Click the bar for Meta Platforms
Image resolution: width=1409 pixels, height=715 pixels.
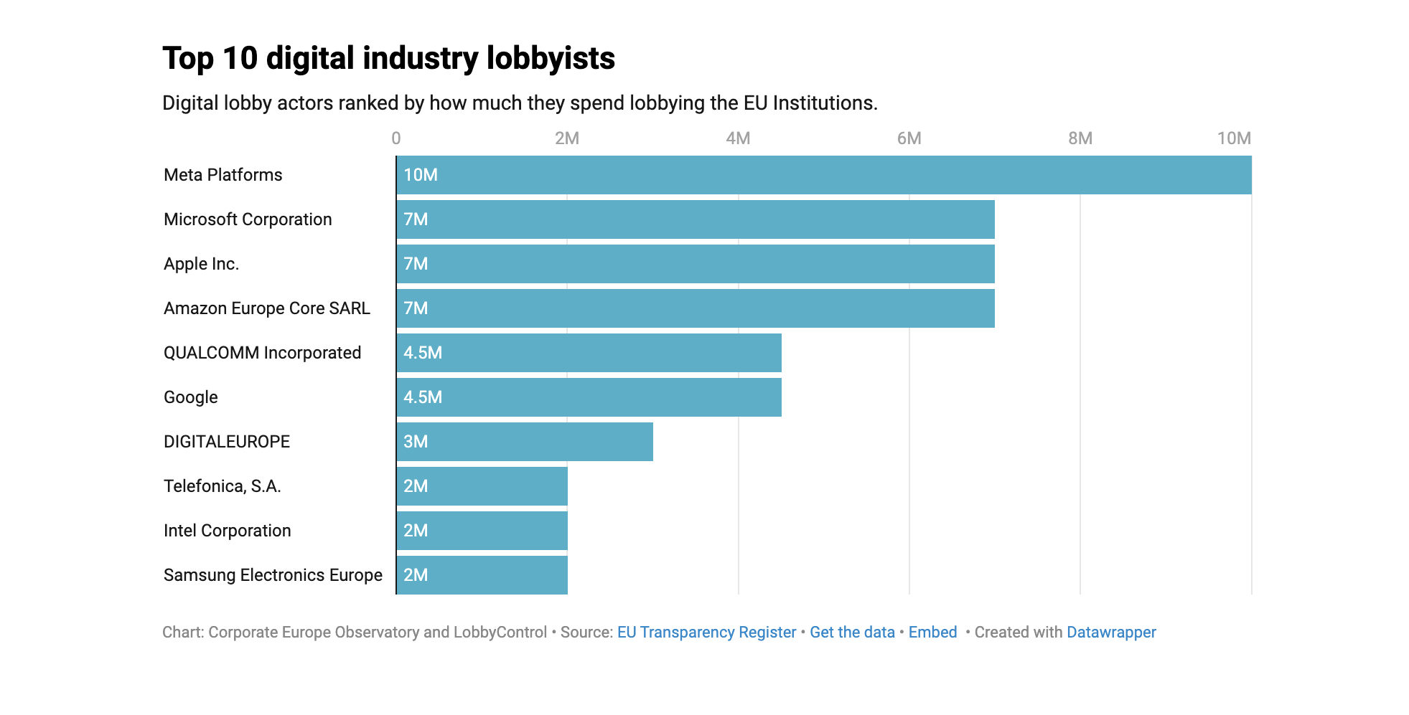point(823,175)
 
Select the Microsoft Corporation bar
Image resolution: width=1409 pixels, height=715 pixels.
point(695,219)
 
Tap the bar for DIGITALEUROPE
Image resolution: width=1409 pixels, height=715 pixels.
point(524,442)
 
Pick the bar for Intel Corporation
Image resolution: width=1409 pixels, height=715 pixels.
point(482,531)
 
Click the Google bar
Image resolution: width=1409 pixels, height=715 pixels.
point(589,397)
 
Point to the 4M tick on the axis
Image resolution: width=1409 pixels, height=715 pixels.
point(738,138)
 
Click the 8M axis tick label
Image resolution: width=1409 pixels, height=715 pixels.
point(1080,138)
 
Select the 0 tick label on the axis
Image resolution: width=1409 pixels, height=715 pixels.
point(396,138)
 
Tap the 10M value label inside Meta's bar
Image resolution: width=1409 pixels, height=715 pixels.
point(421,175)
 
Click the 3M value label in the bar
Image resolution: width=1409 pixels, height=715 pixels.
point(416,442)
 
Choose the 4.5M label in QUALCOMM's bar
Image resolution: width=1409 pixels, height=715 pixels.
point(423,353)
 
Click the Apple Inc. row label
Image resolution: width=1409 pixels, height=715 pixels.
point(201,264)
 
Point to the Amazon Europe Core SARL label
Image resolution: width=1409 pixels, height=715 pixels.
point(267,308)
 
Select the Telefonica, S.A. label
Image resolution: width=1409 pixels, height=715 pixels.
point(223,486)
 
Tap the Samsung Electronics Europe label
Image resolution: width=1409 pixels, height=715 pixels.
point(273,575)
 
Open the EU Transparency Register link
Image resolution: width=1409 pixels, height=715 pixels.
point(706,633)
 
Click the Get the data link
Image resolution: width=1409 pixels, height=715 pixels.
point(852,633)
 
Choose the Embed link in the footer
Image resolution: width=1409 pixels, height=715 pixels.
point(932,633)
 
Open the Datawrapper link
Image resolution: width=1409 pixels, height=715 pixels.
point(1111,633)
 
